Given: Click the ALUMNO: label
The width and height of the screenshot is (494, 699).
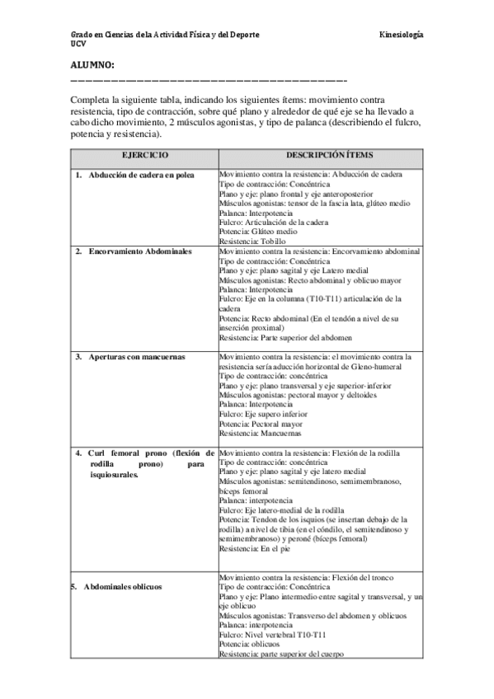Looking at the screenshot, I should point(92,64).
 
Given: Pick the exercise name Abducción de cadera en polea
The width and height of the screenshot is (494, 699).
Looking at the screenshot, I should point(141,176).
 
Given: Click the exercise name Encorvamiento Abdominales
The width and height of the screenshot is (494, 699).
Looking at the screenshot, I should point(139,249).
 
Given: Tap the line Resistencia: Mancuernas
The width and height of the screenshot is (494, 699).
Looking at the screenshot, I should point(260,433).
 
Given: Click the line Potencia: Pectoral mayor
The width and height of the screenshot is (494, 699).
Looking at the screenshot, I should point(261,424).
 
